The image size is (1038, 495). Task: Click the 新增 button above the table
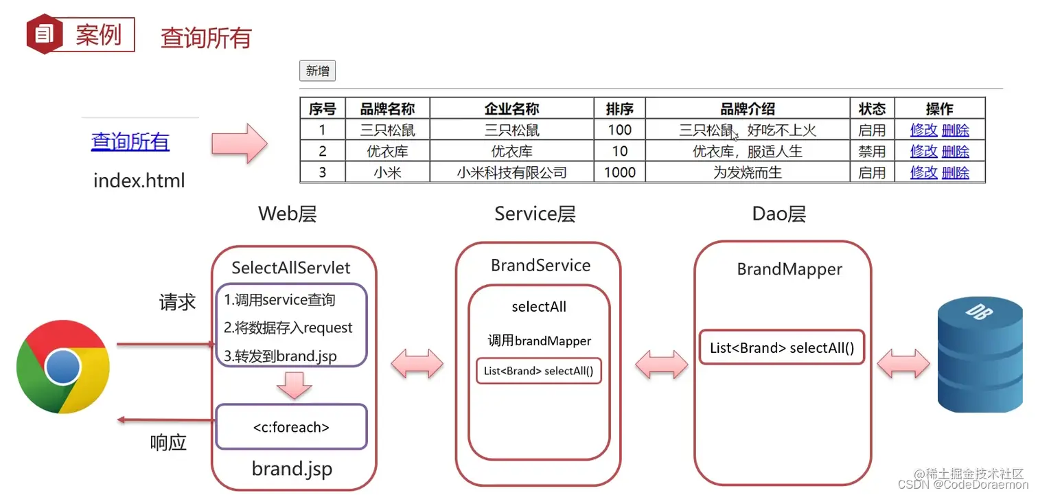point(317,71)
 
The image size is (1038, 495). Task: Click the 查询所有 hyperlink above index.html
point(130,141)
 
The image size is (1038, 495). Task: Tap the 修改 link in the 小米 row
point(923,172)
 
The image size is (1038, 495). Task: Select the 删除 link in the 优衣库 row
point(955,151)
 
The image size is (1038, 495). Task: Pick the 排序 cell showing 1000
point(619,172)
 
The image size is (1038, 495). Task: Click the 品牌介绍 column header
point(747,108)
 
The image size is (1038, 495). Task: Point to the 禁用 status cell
point(872,151)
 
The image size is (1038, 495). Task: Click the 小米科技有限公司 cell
point(511,172)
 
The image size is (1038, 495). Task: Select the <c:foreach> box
point(291,427)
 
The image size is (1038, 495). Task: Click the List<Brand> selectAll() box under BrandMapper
point(781,347)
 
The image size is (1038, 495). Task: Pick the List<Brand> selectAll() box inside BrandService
point(538,371)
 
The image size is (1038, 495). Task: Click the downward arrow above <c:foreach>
point(295,385)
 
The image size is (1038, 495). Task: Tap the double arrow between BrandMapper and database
point(903,362)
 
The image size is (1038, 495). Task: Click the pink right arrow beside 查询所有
point(239,143)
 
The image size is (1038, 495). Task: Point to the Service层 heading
point(535,214)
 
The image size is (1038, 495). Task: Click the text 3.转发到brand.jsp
point(280,356)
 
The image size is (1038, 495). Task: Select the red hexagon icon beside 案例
point(45,34)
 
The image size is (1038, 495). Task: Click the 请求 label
point(177,302)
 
